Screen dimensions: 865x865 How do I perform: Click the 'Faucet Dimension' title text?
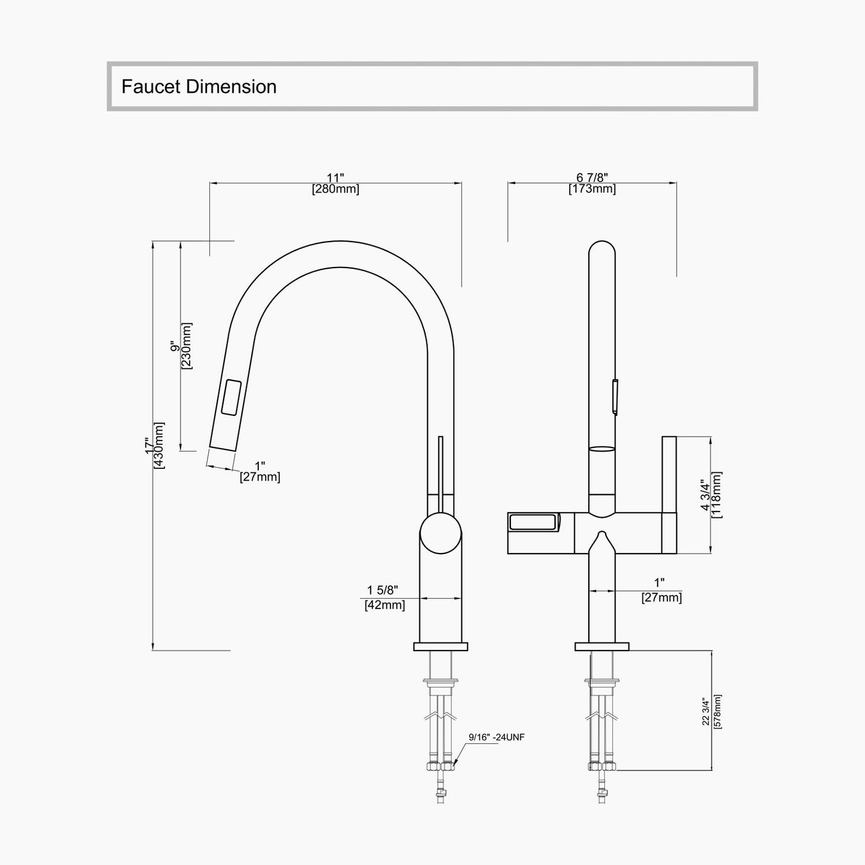pos(198,86)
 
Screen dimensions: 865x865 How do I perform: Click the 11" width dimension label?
pos(335,178)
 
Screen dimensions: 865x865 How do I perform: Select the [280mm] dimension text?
pos(335,189)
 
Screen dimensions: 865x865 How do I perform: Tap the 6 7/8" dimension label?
pos(592,178)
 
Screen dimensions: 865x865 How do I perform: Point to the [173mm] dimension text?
pos(592,189)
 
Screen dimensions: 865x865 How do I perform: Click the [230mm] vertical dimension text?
pos(187,346)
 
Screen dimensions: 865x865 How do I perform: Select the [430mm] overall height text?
pos(159,445)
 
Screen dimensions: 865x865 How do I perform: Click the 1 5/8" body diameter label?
pos(383,591)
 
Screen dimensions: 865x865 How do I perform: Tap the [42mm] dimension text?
pos(384,605)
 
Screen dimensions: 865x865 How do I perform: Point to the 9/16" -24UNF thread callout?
pos(496,736)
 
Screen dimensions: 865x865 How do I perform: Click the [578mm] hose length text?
pos(717,712)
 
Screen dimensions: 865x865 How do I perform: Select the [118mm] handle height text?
pos(717,494)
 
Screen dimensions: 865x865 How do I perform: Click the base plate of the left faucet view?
pos(441,647)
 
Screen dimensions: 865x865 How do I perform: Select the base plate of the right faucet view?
pos(602,647)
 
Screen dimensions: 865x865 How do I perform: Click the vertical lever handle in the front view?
pos(669,494)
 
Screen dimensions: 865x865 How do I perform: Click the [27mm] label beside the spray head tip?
pos(260,478)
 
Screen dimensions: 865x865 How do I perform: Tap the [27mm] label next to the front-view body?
pos(662,598)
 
